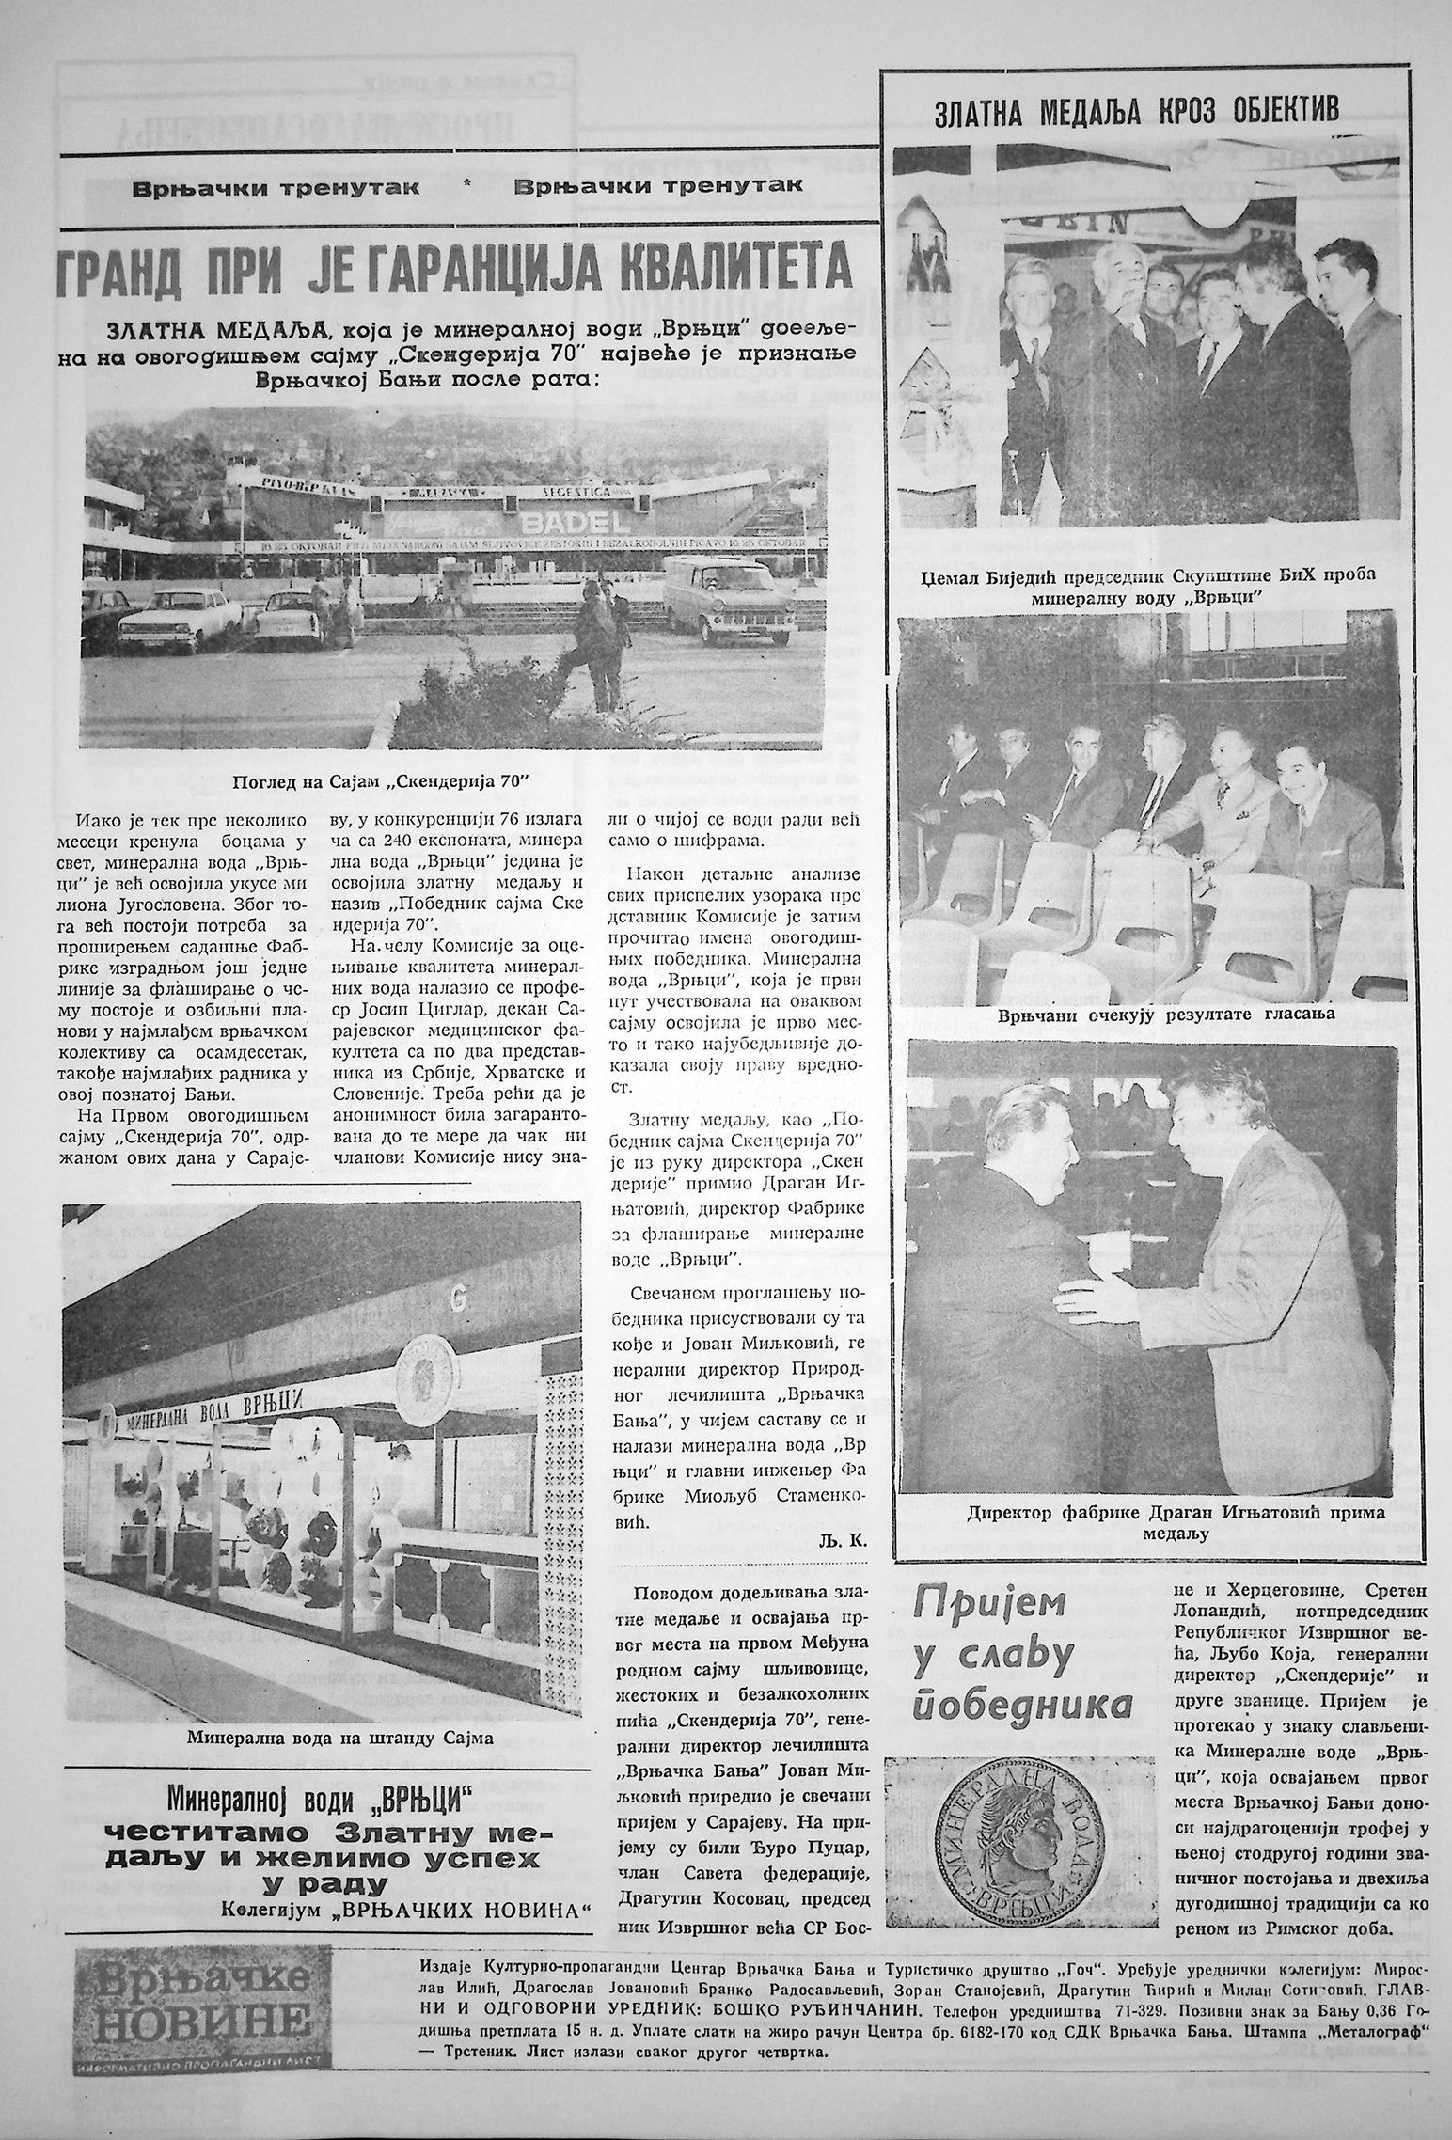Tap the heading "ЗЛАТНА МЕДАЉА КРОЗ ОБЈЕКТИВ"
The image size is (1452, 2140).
1137,114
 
